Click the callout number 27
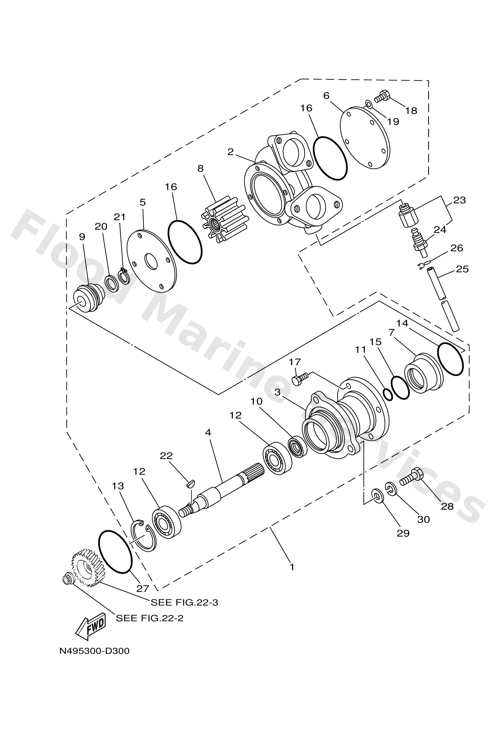(142, 588)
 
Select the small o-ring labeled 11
(388, 394)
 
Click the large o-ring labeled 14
(450, 359)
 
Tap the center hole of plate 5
(151, 262)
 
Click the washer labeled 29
(378, 495)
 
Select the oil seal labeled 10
(298, 446)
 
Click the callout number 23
(459, 200)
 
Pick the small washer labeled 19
(368, 103)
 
